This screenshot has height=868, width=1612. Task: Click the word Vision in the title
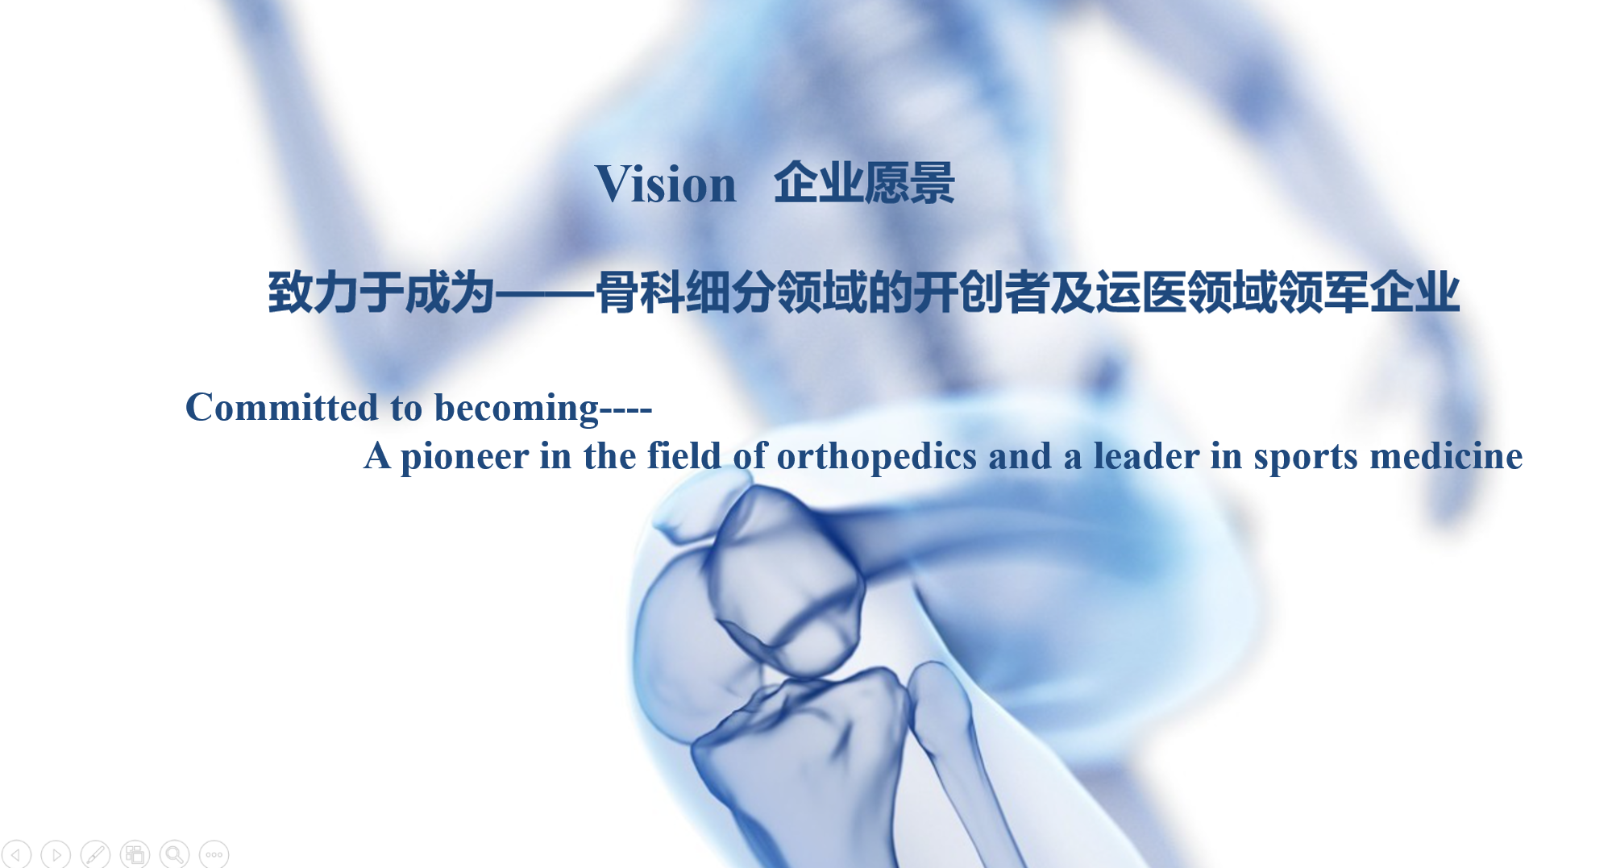coord(666,184)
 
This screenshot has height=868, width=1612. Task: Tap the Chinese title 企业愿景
coord(864,183)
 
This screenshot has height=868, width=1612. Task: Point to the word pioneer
coord(465,457)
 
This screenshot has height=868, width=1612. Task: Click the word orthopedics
coord(877,457)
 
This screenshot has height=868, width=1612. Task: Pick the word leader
coord(1146,456)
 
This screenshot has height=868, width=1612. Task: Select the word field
coord(683,455)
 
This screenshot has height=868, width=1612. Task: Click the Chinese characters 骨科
coord(640,292)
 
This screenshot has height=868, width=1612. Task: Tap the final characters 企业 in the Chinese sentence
coord(1415,292)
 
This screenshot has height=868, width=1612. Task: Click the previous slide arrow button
coord(16,853)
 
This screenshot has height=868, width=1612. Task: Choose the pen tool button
coord(95,853)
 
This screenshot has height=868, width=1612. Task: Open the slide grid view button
coord(135,853)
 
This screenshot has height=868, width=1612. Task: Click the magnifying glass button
coord(174,853)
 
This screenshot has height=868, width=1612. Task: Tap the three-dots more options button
coord(214,853)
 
